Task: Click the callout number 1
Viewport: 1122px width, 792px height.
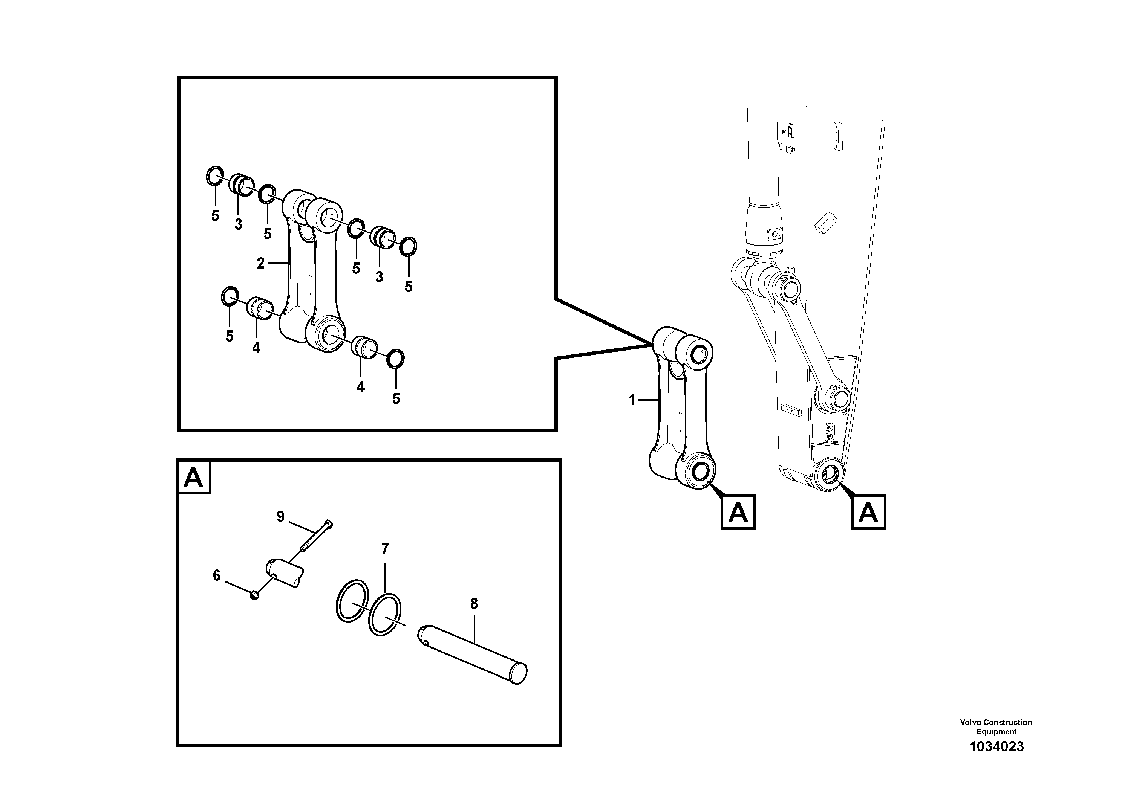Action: pyautogui.click(x=632, y=400)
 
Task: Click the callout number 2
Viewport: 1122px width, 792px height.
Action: pyautogui.click(x=260, y=264)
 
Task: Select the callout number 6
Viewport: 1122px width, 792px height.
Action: pyautogui.click(x=216, y=576)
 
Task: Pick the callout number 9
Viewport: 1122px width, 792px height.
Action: pyautogui.click(x=280, y=517)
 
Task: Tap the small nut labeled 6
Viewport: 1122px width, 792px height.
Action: pyautogui.click(x=254, y=595)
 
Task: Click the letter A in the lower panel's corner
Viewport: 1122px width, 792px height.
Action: pyautogui.click(x=193, y=478)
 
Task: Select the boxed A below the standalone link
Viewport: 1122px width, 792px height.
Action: pyautogui.click(x=738, y=512)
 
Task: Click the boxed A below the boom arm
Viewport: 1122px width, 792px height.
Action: pyautogui.click(x=868, y=512)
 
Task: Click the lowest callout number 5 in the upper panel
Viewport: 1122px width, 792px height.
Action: pyautogui.click(x=396, y=399)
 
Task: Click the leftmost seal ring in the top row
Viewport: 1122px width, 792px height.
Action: pyautogui.click(x=214, y=176)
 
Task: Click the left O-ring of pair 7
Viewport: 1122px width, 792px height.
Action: pyautogui.click(x=351, y=601)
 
